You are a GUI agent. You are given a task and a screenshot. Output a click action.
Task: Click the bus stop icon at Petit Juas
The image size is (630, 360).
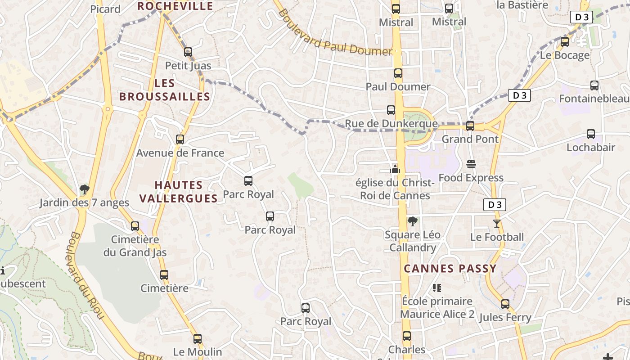188,52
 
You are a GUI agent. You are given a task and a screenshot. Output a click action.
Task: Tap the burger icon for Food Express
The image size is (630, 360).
471,164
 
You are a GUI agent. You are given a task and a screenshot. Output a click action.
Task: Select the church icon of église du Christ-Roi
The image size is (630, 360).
395,169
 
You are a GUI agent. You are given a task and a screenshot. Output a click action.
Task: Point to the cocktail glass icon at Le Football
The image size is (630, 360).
497,224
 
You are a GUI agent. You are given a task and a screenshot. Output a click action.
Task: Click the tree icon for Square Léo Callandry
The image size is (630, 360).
412,221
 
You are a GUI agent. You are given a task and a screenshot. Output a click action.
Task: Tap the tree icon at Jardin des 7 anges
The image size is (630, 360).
84,189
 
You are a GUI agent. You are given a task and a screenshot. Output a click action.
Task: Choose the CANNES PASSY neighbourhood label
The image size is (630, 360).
450,269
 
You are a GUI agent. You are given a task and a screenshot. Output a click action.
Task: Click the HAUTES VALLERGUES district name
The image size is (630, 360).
179,192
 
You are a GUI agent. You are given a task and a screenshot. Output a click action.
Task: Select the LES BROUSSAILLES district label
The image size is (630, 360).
165,90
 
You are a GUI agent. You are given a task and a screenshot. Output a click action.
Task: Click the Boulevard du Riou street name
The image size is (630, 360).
87,275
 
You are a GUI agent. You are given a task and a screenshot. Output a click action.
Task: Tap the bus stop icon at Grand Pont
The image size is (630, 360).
470,126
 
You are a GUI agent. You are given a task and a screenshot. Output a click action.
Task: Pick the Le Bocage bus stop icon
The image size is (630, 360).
565,42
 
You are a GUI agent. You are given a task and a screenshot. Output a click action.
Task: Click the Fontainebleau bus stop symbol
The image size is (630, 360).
594,85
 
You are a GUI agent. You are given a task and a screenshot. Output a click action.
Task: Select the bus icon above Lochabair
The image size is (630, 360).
591,134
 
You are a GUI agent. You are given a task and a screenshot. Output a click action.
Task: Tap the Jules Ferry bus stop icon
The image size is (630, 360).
505,304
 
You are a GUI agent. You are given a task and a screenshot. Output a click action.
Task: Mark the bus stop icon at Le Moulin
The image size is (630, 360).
198,339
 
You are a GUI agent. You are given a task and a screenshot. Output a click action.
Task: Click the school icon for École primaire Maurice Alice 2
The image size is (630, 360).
436,288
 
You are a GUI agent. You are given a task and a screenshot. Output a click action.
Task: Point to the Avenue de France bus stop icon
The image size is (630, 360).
180,139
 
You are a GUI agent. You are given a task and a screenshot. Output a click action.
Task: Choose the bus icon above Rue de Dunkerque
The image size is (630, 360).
391,110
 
